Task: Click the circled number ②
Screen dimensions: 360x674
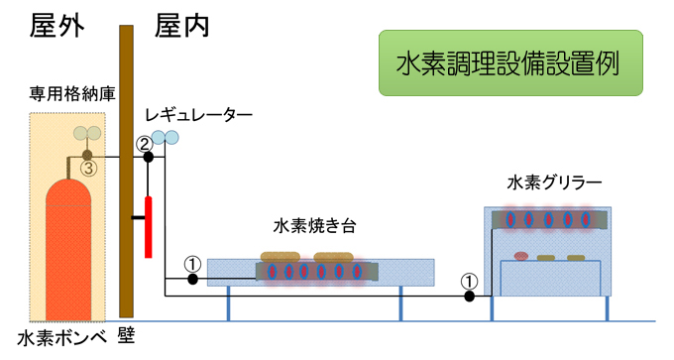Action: coord(144,143)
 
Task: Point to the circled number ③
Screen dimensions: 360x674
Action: coord(87,169)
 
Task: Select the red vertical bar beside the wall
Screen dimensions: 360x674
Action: coord(149,227)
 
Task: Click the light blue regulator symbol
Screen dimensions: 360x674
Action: coord(165,138)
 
